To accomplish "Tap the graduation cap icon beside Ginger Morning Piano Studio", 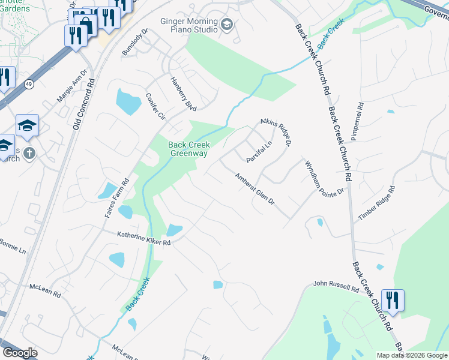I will [226, 25].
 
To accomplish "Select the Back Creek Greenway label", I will [188, 149].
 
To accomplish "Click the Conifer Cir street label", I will [155, 107].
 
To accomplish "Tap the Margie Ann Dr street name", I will [73, 86].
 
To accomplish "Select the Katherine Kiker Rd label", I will [144, 238].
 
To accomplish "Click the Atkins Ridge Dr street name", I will [276, 132].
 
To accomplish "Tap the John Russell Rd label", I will [336, 286].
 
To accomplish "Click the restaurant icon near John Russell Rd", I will [393, 299].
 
